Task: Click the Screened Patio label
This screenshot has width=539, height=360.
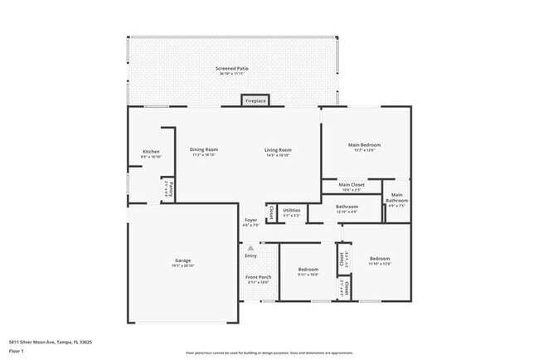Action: pos(232,69)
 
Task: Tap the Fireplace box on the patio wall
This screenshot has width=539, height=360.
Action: pos(255,100)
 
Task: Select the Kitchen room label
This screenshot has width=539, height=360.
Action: pos(151,153)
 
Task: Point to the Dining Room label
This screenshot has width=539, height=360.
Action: pos(204,150)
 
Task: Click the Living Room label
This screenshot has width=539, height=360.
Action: pos(278,150)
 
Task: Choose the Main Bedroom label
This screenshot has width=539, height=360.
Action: pos(364,146)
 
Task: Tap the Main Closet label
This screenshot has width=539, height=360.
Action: pos(352,185)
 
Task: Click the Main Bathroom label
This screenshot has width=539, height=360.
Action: pos(396,199)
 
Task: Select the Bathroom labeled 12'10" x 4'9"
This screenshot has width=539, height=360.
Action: pos(347,207)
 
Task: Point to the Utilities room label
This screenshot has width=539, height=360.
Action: pos(291,211)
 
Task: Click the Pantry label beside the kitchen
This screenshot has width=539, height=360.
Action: pos(167,188)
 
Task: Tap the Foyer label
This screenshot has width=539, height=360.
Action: pos(250,221)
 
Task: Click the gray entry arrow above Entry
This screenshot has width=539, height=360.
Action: pos(250,248)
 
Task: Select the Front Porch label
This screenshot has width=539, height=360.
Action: pos(259,277)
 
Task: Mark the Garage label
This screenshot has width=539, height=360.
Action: pos(182,260)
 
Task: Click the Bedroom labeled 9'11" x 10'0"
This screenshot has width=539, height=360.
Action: pos(308,270)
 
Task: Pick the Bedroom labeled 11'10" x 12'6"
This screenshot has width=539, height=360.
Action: pos(380,259)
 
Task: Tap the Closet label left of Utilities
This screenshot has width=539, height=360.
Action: pos(271,212)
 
